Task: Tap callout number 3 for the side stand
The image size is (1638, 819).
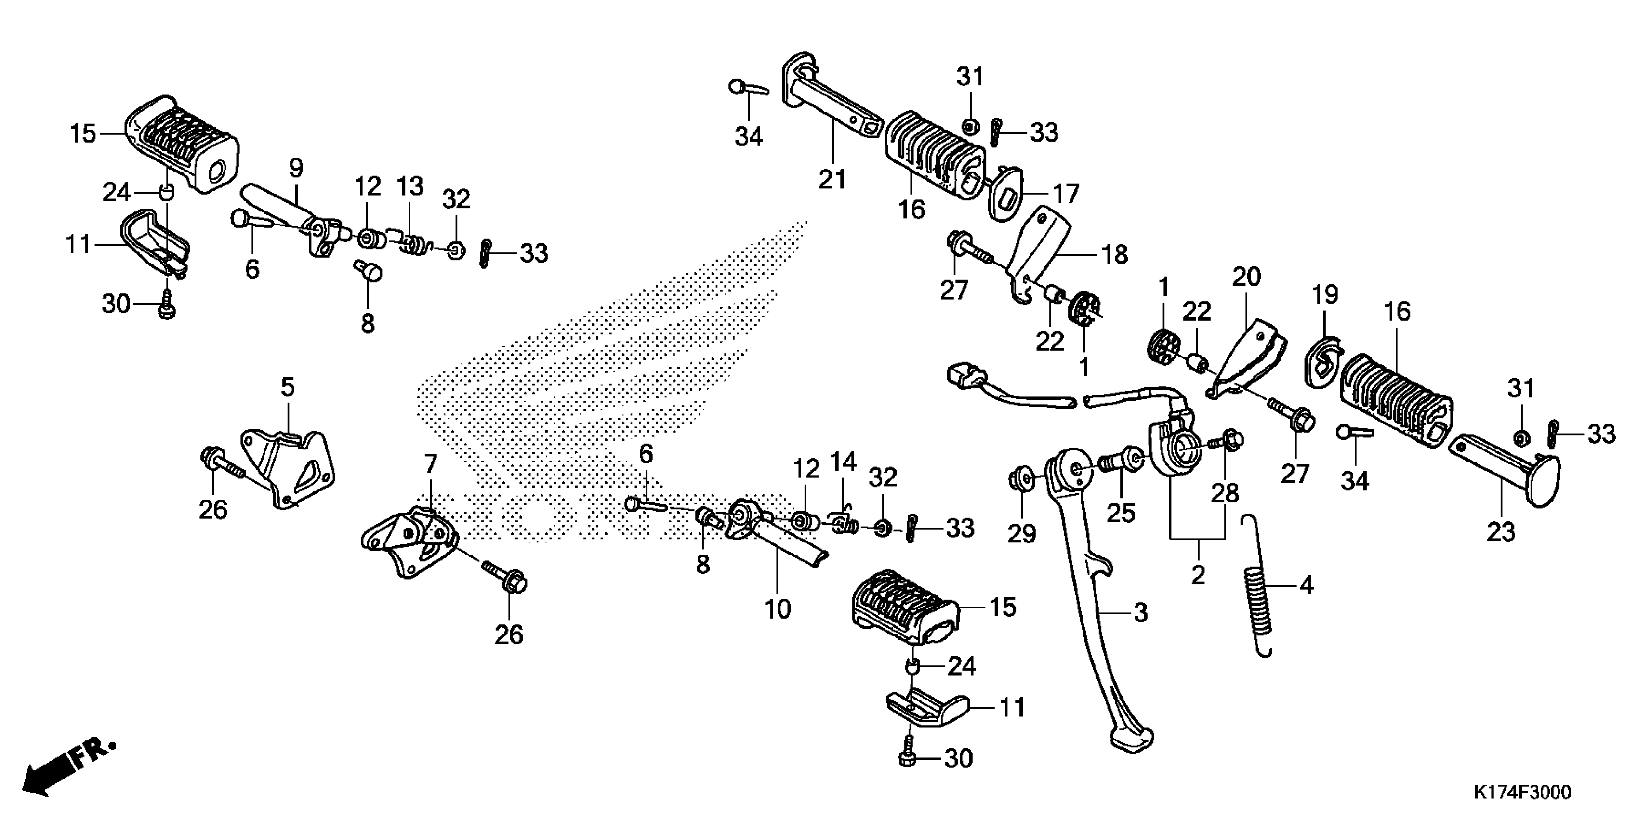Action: pyautogui.click(x=1141, y=613)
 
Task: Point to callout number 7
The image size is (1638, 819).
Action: pyautogui.click(x=431, y=463)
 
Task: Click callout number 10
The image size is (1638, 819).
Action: pyautogui.click(x=778, y=608)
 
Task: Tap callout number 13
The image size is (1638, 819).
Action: pyautogui.click(x=410, y=186)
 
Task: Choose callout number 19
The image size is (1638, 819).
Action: pyautogui.click(x=1325, y=294)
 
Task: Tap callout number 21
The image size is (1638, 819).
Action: pyautogui.click(x=832, y=180)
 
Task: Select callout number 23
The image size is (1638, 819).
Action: pyautogui.click(x=1501, y=531)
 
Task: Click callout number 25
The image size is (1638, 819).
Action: pyautogui.click(x=1121, y=513)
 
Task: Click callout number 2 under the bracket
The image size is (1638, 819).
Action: pyautogui.click(x=1198, y=575)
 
